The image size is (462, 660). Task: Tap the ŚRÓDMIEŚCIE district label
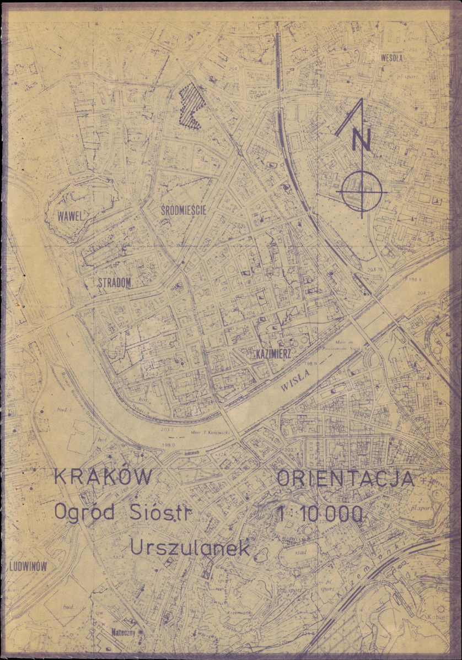pyautogui.click(x=184, y=210)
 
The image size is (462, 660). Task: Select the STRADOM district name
pyautogui.click(x=115, y=283)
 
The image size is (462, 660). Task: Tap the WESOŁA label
pyautogui.click(x=392, y=57)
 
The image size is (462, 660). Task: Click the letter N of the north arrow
pyautogui.click(x=363, y=142)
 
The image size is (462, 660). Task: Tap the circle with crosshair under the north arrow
pyautogui.click(x=361, y=191)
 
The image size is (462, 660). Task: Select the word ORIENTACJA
pyautogui.click(x=345, y=478)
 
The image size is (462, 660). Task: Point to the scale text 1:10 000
pyautogui.click(x=320, y=515)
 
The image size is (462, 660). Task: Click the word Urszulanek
pyautogui.click(x=190, y=548)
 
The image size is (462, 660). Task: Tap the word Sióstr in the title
pyautogui.click(x=160, y=512)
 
